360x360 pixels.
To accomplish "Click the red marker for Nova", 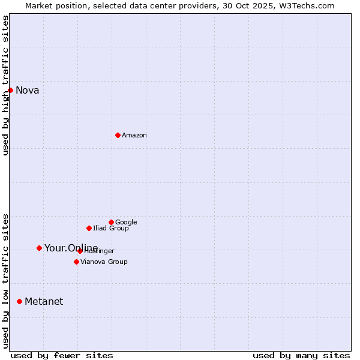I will (x=10, y=90).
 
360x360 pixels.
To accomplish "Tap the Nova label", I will (x=28, y=91).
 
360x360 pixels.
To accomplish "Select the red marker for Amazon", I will (x=118, y=135).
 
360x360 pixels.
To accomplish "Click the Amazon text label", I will (x=134, y=136).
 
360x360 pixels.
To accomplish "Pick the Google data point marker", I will (x=111, y=222).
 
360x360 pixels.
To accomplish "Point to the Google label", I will (x=126, y=223).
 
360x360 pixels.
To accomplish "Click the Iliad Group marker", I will (x=89, y=228).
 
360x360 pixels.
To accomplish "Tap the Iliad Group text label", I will (x=111, y=229).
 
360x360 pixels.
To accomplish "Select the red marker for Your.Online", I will (x=39, y=248).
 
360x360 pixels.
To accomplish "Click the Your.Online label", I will (x=71, y=248).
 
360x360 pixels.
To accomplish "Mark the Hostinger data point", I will (x=80, y=251).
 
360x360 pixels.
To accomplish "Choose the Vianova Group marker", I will (x=76, y=262).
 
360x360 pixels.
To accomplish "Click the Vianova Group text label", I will (x=104, y=262).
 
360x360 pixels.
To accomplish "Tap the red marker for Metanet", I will (x=19, y=301).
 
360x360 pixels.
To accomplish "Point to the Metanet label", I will (x=44, y=302).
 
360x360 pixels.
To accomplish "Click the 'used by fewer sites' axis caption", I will (x=62, y=355).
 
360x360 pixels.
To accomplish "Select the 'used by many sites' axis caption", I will (x=301, y=355).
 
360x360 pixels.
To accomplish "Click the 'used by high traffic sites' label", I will (x=5, y=85).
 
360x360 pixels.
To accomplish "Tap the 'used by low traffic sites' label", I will (x=5, y=281).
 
